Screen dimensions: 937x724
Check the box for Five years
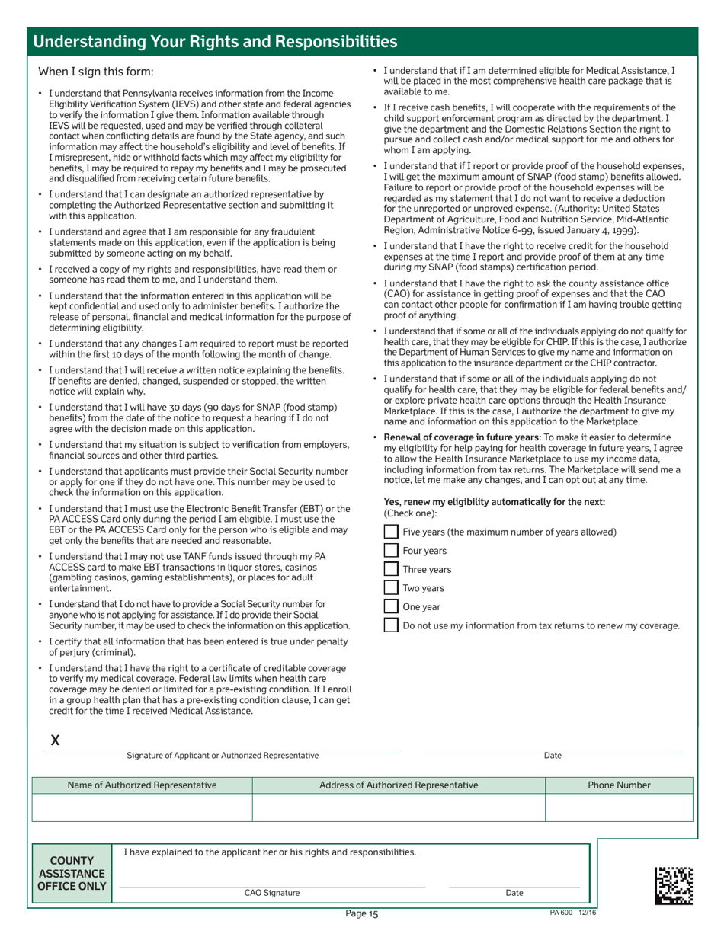point(390,531)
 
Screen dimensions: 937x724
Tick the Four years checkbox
point(390,550)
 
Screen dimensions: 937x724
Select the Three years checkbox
point(390,569)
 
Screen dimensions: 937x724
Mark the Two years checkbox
point(390,587)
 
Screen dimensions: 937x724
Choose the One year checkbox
point(390,606)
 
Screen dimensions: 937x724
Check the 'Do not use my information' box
point(390,625)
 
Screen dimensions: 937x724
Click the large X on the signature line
point(55,740)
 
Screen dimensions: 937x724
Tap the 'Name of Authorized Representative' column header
point(142,785)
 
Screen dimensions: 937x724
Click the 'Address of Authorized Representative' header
point(399,785)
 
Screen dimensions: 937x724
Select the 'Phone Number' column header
point(619,785)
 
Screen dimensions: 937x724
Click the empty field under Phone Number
point(619,807)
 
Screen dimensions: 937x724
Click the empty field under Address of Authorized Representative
point(399,807)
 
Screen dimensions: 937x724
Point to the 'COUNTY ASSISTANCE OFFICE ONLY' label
point(72,873)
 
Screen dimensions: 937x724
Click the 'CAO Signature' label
point(271,893)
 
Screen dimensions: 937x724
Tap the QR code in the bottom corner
point(674,884)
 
